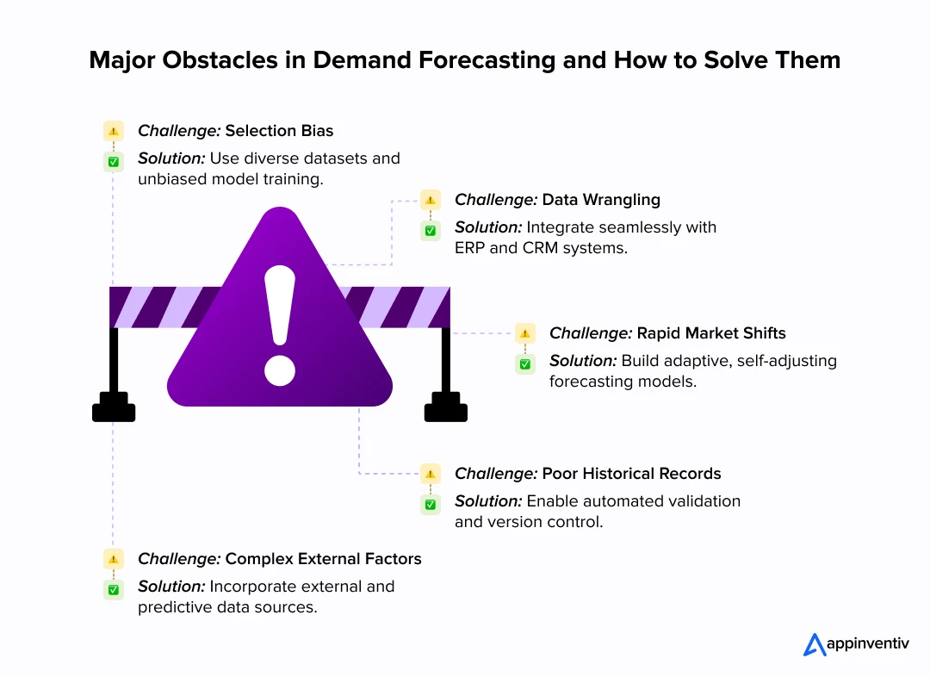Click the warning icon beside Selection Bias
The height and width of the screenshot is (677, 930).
coord(114,131)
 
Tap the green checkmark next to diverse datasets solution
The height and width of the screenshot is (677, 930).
coord(114,161)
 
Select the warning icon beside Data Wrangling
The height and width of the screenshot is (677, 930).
coord(431,200)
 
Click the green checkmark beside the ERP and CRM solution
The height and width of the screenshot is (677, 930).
coord(431,230)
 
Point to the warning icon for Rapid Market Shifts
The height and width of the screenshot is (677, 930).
coord(525,333)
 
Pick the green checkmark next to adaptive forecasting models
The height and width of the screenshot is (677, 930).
coord(525,363)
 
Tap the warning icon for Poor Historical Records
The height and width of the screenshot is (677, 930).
coord(431,474)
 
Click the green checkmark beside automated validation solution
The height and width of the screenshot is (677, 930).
coord(431,504)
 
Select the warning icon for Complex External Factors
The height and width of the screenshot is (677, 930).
coord(114,559)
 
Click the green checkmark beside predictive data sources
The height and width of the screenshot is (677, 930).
coord(114,589)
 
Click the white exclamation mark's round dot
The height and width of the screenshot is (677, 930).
coord(280,369)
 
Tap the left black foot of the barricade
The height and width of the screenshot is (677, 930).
coord(114,407)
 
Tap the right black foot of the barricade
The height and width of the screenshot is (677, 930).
coord(446,407)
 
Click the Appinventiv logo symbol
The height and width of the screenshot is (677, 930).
coord(814,644)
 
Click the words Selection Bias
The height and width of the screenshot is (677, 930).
coord(279,131)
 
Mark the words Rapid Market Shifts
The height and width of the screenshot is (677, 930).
coord(710,333)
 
